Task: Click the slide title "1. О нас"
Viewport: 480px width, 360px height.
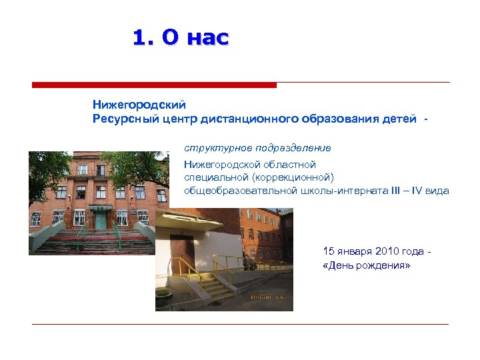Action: point(181,38)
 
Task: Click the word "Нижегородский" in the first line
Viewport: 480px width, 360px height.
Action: point(139,105)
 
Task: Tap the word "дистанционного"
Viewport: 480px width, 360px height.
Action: point(266,119)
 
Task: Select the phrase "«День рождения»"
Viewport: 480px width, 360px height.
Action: point(366,265)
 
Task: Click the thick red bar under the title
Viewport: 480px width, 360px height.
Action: point(154,85)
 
